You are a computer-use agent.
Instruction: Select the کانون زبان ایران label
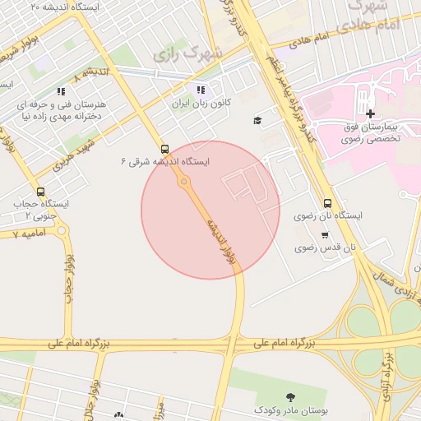pos(201,104)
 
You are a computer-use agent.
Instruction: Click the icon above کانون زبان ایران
pos(201,90)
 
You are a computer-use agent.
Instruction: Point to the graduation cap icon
pos(257,121)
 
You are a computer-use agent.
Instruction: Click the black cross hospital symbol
pos(370,113)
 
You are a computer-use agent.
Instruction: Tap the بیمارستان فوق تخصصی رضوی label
pos(372,134)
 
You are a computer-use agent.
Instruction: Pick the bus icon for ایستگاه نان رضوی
pos(328,203)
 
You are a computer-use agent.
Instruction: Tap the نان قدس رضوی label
pos(326,247)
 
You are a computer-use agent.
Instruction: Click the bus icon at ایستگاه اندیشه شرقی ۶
pos(165,149)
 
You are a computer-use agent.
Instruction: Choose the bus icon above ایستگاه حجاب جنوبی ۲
pos(41,192)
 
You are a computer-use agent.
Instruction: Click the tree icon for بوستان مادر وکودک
pos(289,397)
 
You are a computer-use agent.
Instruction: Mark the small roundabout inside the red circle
pos(184,182)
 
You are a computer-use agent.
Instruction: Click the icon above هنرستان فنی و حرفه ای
pos(60,91)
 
